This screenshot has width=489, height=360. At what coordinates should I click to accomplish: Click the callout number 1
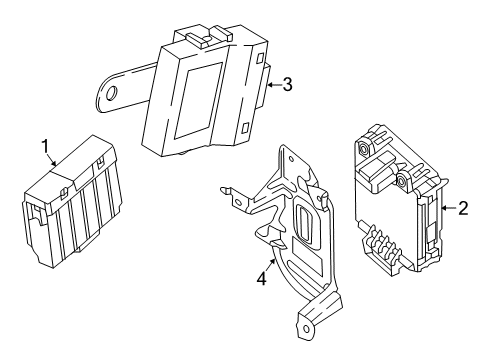(45, 146)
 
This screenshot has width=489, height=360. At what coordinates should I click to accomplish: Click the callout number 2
(463, 208)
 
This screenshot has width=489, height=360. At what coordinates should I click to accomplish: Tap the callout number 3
(287, 84)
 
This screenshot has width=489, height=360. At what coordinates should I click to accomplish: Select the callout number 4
(262, 278)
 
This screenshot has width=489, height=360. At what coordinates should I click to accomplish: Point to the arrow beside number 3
(274, 85)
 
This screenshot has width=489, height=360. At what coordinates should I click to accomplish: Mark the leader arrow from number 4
(270, 265)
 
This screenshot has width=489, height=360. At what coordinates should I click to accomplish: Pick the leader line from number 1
(51, 159)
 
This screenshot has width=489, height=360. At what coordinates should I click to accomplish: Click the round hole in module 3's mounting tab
(112, 93)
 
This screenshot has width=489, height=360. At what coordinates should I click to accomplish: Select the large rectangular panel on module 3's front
(199, 100)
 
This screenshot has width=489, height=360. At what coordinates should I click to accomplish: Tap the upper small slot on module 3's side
(261, 57)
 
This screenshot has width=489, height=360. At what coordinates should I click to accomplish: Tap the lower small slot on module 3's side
(246, 127)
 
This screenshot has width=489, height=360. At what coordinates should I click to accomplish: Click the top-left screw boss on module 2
(364, 147)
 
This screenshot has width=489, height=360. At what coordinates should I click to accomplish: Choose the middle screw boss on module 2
(403, 180)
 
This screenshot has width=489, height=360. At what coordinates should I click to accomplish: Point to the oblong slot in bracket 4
(304, 221)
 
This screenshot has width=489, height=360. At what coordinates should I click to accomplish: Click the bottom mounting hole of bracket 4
(306, 328)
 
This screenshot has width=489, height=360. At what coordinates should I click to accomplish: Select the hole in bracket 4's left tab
(238, 202)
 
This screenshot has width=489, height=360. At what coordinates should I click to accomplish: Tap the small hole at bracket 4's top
(291, 160)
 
